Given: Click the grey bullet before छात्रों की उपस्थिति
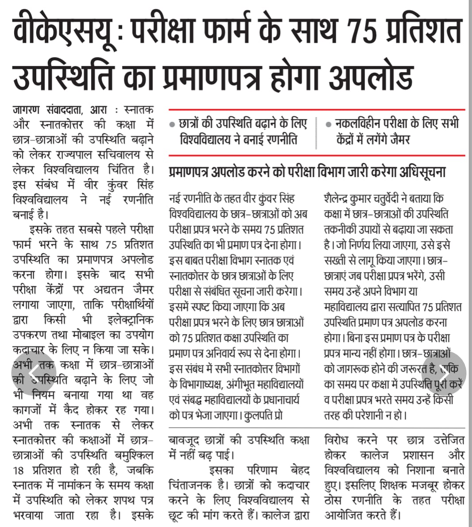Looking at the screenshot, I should click(172, 125).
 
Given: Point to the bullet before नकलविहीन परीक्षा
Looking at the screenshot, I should click(328, 125).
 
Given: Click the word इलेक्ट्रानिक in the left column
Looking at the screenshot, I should click(130, 320).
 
